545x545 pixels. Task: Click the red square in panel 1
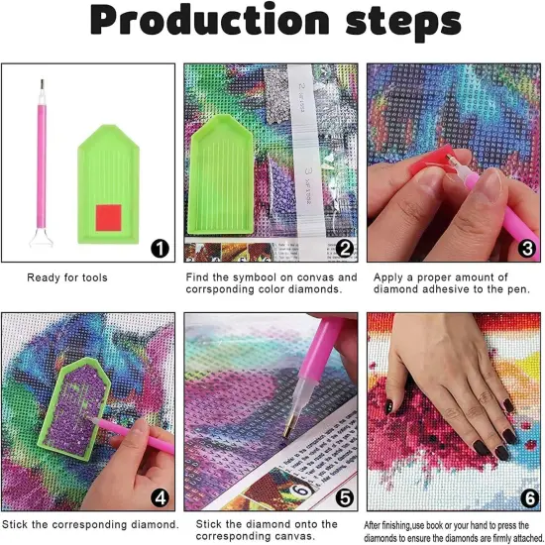(107, 215)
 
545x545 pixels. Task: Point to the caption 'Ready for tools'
(67, 277)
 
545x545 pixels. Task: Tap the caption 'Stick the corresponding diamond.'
(90, 523)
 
